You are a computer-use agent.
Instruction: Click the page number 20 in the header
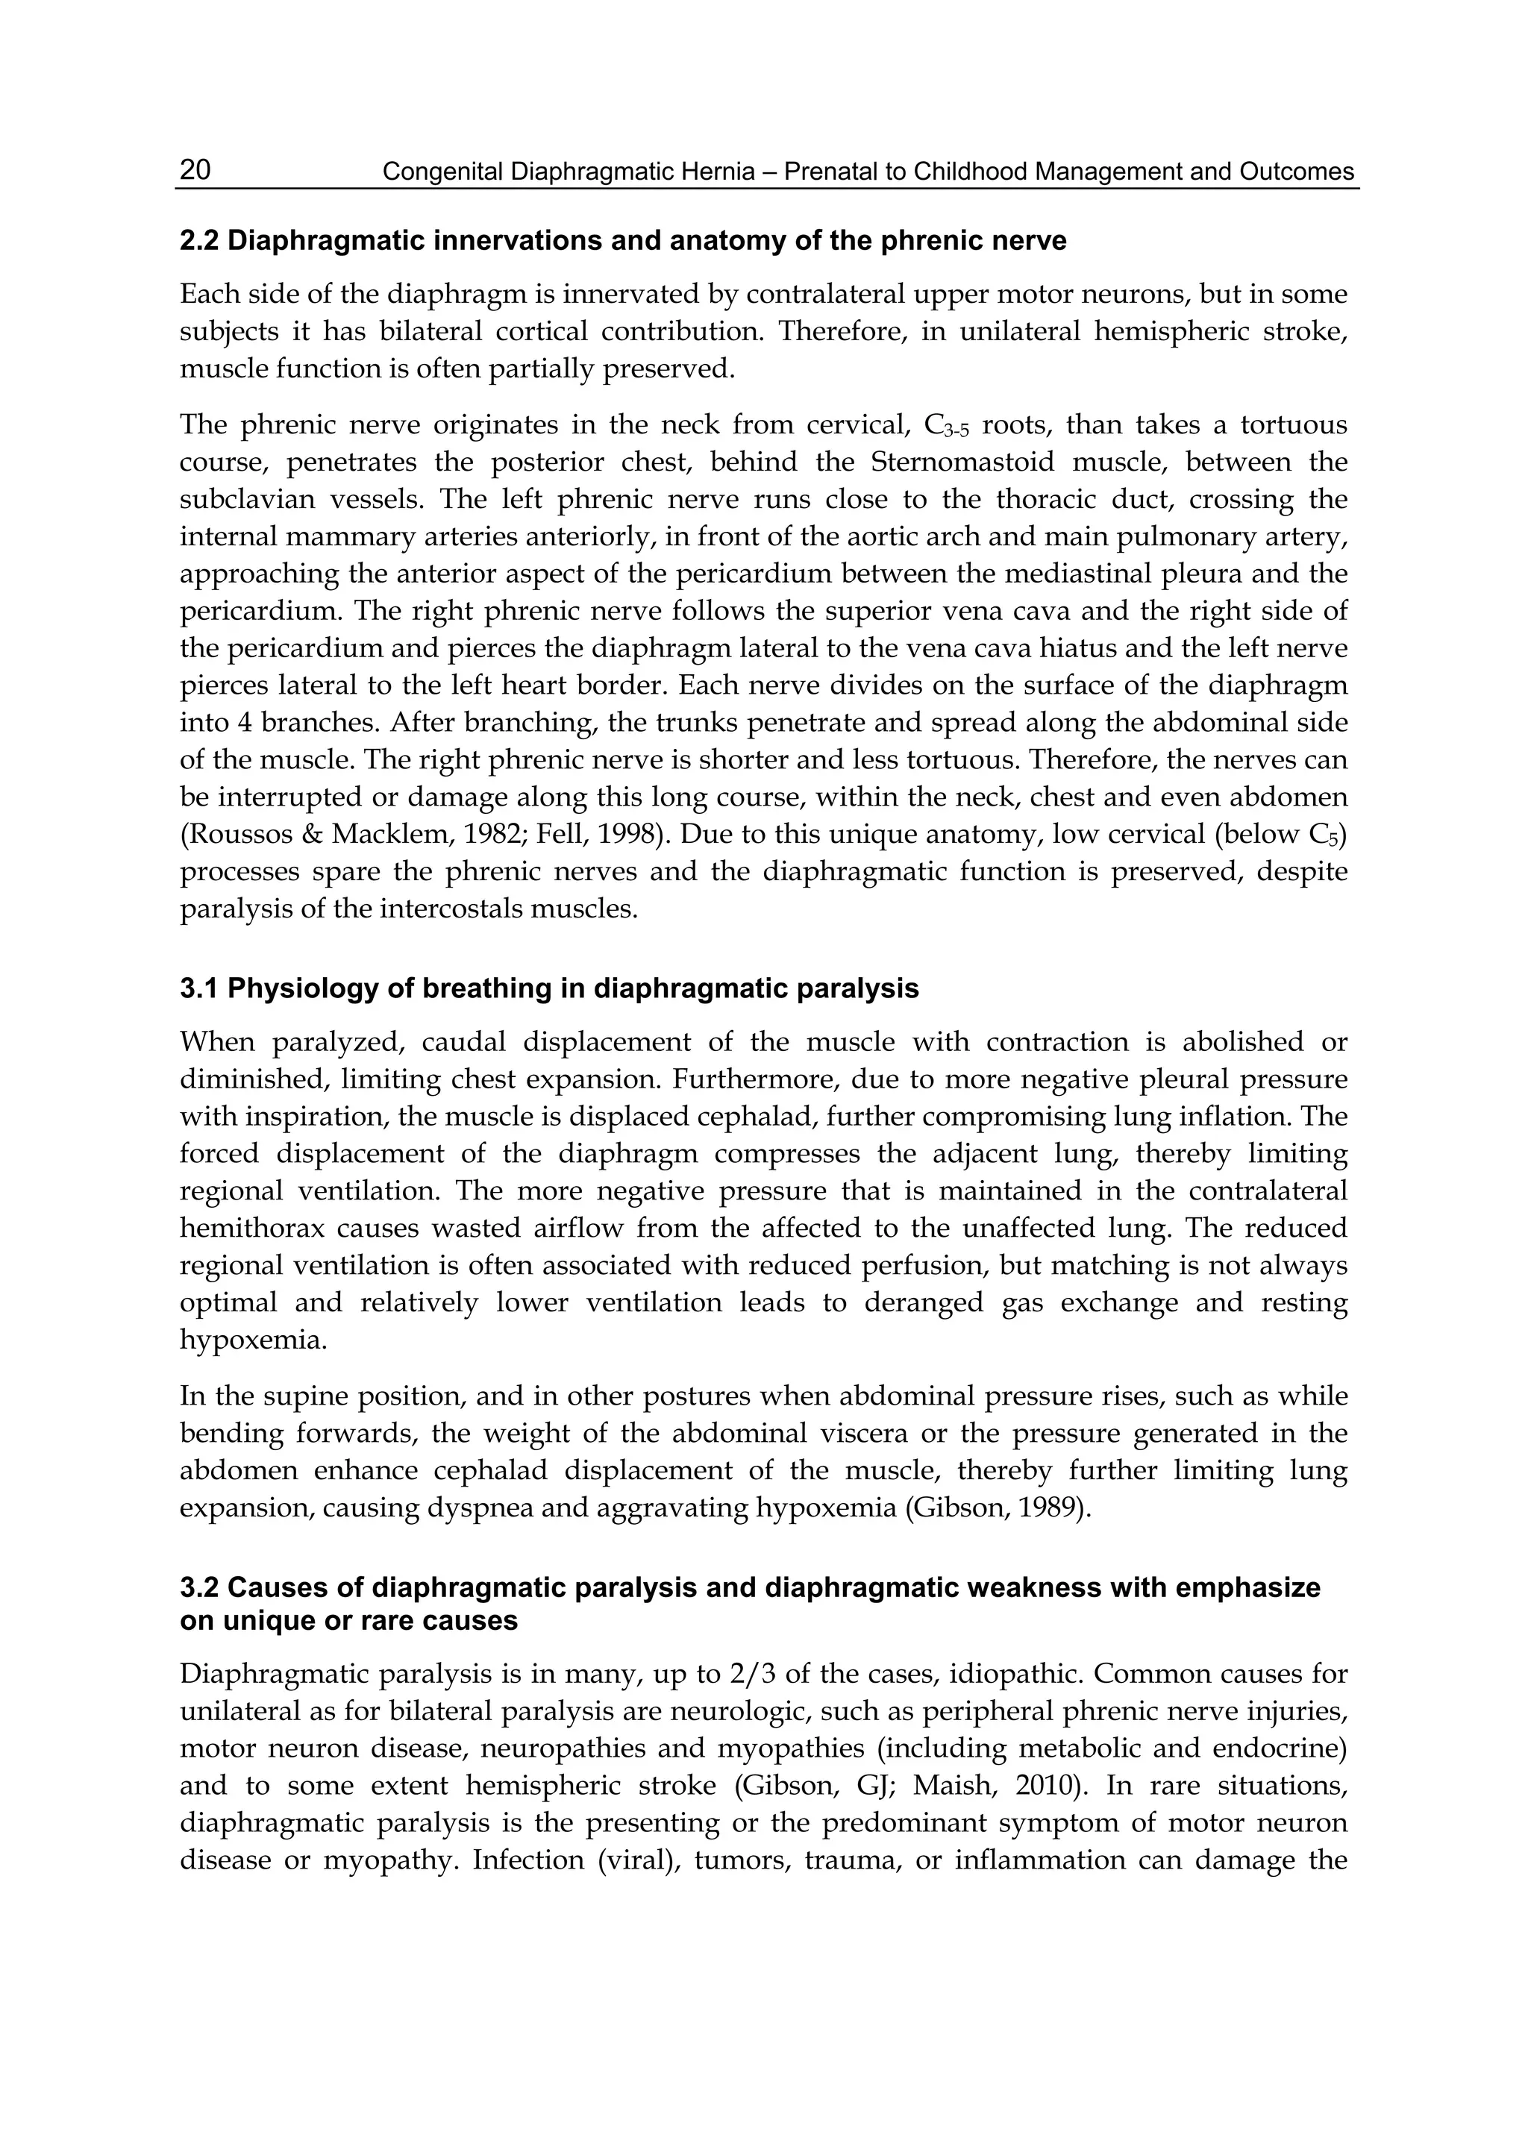click(195, 170)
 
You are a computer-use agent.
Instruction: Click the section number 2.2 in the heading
click(198, 242)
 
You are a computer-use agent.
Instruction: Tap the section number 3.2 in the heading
click(198, 1588)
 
